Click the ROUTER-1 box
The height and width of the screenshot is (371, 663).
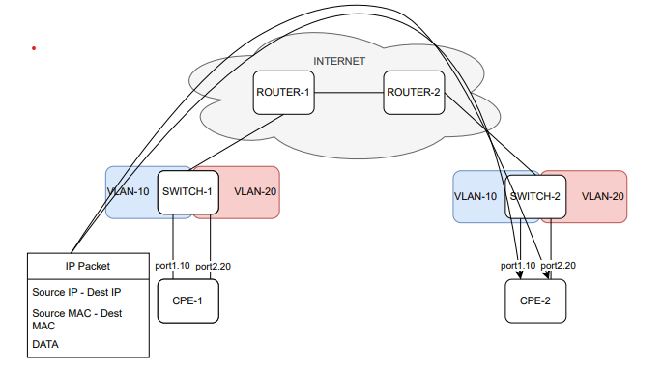(283, 93)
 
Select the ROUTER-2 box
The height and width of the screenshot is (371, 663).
(413, 93)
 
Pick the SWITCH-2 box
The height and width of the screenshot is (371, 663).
(534, 196)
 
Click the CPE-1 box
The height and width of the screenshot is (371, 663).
(187, 300)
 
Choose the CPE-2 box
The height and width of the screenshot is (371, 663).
(534, 300)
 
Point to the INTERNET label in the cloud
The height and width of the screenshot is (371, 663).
(339, 61)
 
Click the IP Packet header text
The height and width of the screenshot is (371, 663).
(88, 264)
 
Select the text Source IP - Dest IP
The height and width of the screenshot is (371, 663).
(76, 291)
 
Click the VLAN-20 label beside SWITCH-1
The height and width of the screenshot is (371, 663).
(255, 191)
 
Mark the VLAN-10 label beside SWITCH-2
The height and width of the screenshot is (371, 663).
(476, 196)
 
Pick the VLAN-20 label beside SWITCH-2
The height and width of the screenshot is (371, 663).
(602, 196)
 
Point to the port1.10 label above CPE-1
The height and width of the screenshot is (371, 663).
(172, 266)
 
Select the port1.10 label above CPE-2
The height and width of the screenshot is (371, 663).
(518, 266)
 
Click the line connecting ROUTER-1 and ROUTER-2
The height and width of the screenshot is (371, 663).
(349, 93)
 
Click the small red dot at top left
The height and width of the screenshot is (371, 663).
(34, 47)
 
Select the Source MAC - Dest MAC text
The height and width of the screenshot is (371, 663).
(76, 320)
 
